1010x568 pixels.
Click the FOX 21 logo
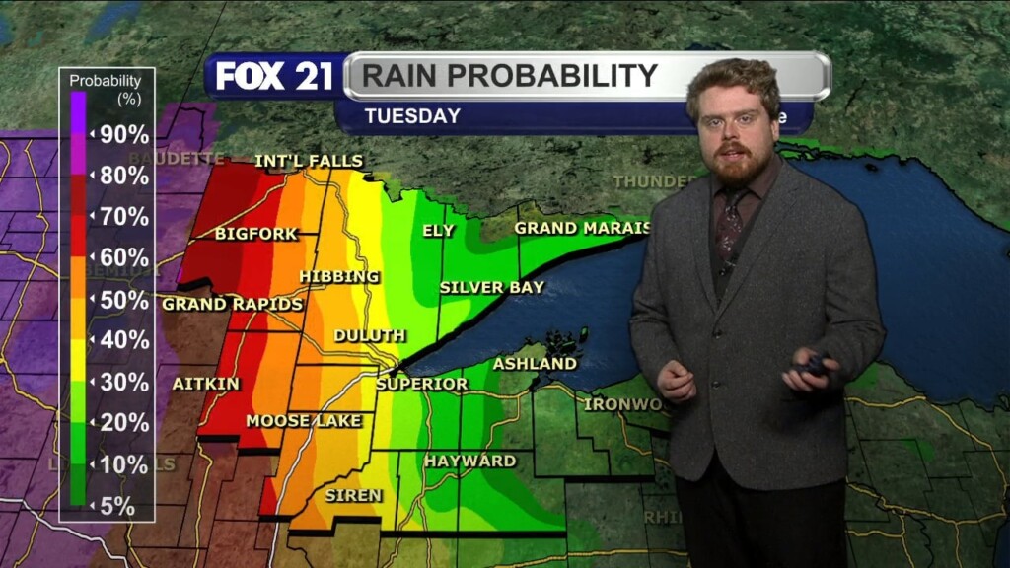click(x=274, y=77)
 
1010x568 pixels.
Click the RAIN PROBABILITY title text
click(x=509, y=76)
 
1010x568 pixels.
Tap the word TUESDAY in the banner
click(x=412, y=116)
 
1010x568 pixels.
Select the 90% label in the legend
click(x=124, y=135)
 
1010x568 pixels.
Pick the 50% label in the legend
click(x=124, y=300)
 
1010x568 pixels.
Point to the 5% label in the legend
click(x=117, y=506)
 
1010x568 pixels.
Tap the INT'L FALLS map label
click(x=309, y=161)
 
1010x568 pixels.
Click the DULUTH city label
click(x=369, y=335)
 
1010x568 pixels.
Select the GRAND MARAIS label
click(x=583, y=228)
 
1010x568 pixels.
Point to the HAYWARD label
click(x=469, y=461)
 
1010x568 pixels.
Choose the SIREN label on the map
click(x=353, y=495)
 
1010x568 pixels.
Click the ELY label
click(x=438, y=230)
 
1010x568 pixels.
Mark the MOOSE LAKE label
click(x=304, y=421)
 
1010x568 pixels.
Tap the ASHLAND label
click(x=535, y=364)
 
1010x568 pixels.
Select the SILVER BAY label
click(x=491, y=287)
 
